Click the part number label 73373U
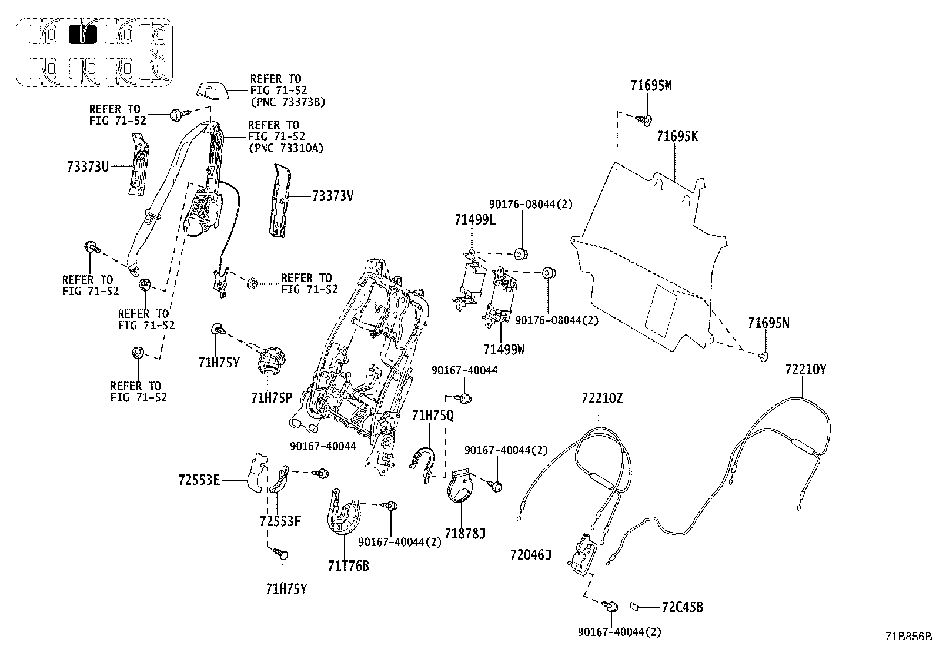coord(88,166)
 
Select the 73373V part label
coord(333,196)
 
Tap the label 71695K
coord(677,136)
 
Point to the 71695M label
coord(651,85)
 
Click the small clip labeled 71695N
coord(763,356)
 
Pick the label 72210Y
coord(805,370)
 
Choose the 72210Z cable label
coord(601,399)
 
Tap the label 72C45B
coord(682,607)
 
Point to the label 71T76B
coord(349,566)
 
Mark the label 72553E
coord(199,481)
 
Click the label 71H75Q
coord(433,416)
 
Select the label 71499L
coord(475,220)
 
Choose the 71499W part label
coord(504,350)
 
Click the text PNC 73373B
coord(288,102)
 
